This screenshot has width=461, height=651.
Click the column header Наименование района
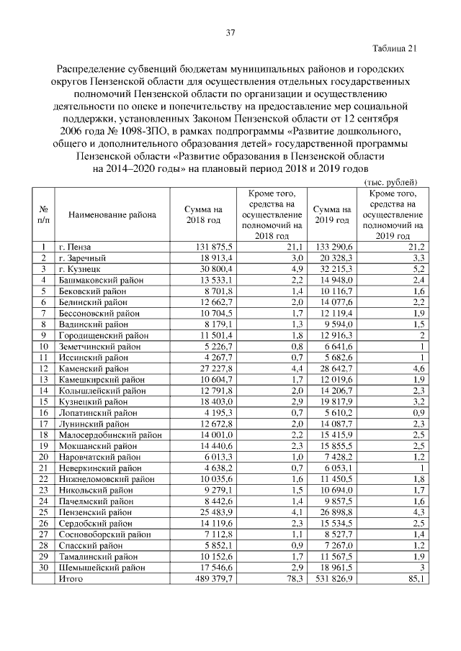[112, 214]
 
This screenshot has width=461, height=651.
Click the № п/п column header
[43, 214]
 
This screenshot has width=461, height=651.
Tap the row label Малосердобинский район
[109, 435]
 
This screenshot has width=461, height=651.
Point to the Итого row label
[71, 579]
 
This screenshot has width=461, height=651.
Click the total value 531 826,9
[333, 579]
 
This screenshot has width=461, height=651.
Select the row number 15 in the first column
[43, 402]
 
